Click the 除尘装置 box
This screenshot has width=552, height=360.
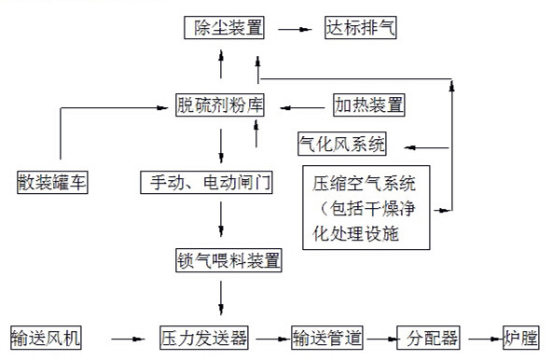point(224,28)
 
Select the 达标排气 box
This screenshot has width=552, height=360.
point(361,28)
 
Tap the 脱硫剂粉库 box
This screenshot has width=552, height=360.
point(222,104)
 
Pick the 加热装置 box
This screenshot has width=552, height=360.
point(369,104)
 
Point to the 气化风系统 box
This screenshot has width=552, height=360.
point(341,145)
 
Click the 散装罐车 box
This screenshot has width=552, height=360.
point(52,182)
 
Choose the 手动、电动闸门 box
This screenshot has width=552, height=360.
point(206,182)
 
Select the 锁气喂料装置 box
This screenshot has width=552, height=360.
point(228,259)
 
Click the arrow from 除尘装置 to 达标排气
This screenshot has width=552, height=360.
point(293,29)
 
